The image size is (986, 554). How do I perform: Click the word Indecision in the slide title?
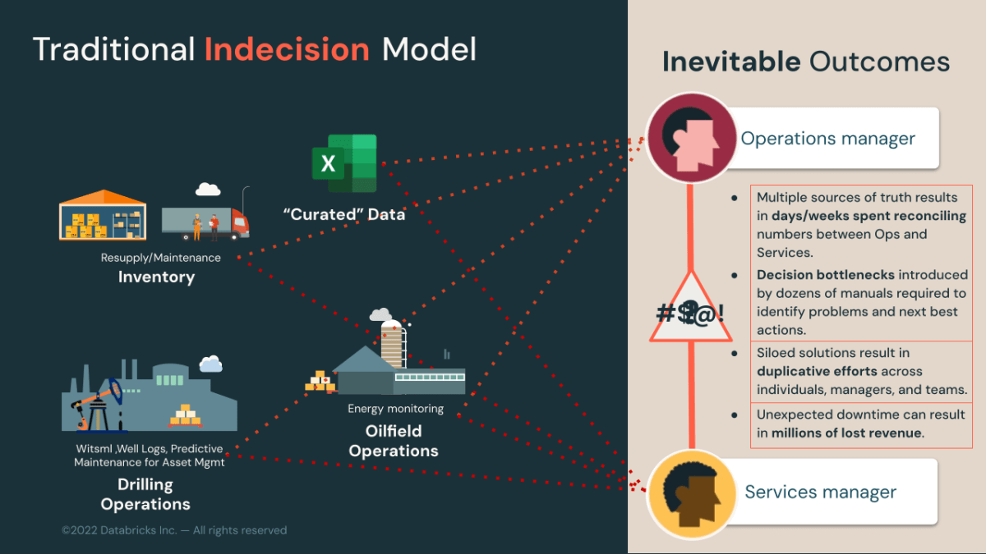(287, 50)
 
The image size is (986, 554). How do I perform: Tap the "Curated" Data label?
(343, 214)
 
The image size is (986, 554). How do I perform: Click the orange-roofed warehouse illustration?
(103, 215)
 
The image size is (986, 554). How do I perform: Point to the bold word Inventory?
(156, 277)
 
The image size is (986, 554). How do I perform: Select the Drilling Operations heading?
(145, 494)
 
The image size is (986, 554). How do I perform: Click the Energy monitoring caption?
(395, 409)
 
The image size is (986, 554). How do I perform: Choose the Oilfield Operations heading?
(394, 441)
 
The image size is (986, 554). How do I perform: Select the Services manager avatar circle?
(690, 494)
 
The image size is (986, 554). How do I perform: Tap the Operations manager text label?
(827, 138)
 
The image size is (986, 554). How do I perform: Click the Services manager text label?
(820, 492)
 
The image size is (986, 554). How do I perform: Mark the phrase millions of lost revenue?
(848, 433)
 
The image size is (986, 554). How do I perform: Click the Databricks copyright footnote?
(174, 530)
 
